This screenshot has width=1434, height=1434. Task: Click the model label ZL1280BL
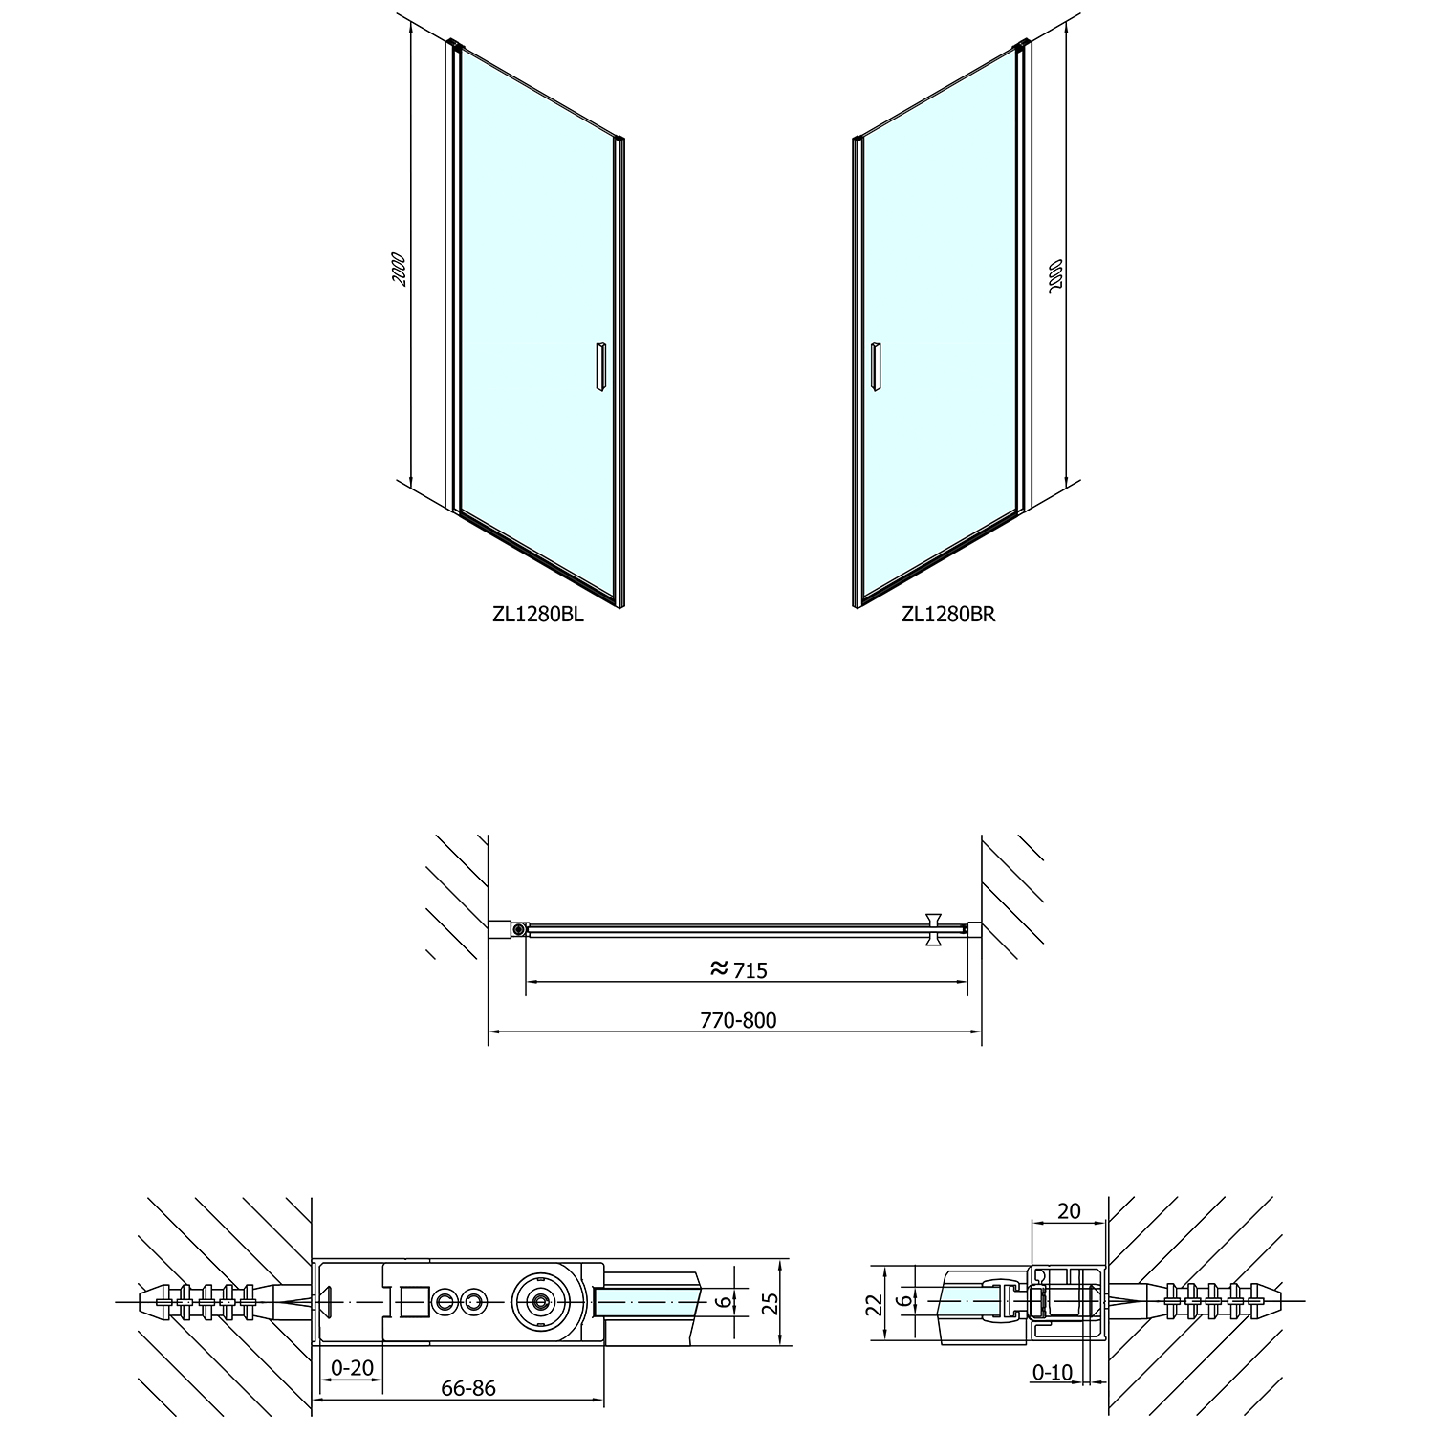[x=537, y=616]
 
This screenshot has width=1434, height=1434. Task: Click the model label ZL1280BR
[x=948, y=616]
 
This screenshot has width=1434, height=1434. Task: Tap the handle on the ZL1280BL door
[x=599, y=365]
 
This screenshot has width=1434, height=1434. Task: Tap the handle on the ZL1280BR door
[x=874, y=365]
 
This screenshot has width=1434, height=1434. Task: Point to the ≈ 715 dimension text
[x=739, y=969]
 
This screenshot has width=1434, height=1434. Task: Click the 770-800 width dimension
[x=739, y=1020]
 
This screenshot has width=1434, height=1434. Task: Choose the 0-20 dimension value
[x=352, y=1368]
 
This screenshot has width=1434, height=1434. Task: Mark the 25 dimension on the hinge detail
[x=771, y=1301]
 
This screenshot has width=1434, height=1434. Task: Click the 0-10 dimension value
[x=1053, y=1374]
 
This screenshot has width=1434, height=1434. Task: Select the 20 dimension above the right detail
[x=1069, y=1211]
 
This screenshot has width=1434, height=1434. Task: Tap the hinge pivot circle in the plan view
[x=519, y=928]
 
